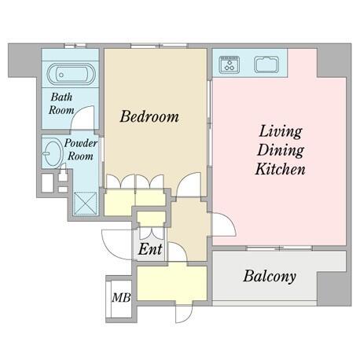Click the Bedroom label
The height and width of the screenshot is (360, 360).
tap(149, 116)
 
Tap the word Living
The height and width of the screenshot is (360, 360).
tap(281, 131)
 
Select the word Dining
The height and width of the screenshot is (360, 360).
tap(281, 150)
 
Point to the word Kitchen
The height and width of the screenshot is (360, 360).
tap(281, 169)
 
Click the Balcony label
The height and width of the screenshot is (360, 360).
tap(270, 276)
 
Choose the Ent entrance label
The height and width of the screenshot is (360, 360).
tap(150, 249)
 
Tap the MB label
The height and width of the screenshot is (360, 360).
tap(121, 298)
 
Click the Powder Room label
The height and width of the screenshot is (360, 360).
tap(80, 149)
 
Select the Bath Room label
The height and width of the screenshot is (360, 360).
tap(61, 104)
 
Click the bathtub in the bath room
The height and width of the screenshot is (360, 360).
tap(71, 74)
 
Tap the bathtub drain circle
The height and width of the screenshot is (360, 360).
tap(61, 75)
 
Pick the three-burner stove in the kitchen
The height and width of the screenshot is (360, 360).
tap(230, 64)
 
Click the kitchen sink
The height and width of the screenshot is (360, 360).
tap(266, 64)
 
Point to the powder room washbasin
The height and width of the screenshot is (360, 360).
tap(53, 154)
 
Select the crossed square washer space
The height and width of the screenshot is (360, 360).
tap(85, 204)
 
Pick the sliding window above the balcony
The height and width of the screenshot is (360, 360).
tap(280, 248)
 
